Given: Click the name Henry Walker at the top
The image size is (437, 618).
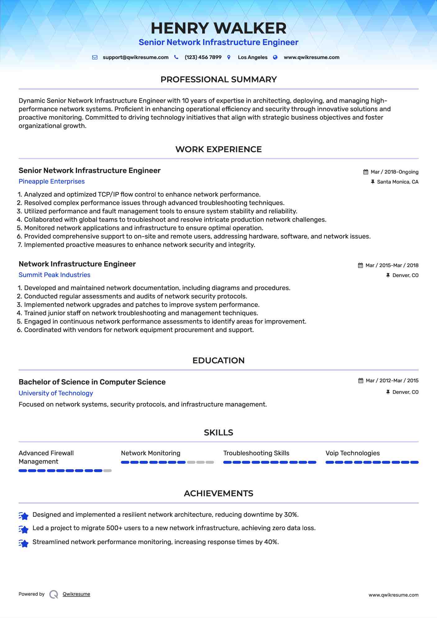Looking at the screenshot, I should pos(218,28).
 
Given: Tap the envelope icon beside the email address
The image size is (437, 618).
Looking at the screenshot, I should pos(95,57).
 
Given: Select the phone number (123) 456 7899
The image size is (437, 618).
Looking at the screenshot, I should pos(203,57).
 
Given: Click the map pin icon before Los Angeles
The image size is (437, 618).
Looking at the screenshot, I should pos(229,57).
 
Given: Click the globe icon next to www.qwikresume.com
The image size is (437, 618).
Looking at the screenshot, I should pos(275,57).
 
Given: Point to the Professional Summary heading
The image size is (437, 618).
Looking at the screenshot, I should pos(218,80).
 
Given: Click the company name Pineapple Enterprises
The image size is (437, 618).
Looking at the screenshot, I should pos(52,181).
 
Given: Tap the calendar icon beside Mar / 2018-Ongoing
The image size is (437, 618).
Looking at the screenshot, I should pos(366,172).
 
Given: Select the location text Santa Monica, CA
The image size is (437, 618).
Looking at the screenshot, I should pos(398,182).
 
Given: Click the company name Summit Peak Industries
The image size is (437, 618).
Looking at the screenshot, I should pos(54,275).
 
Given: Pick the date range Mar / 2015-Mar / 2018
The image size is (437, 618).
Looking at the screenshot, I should pos(392,266).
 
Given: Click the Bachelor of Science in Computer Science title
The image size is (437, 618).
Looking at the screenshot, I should pos(92,382).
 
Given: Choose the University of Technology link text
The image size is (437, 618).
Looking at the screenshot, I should pos(56,393).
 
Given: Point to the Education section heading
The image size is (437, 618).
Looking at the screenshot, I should pos(218,361).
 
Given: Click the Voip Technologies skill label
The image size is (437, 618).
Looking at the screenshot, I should pos(353,453).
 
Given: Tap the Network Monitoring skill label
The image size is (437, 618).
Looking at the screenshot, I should pos(151,453).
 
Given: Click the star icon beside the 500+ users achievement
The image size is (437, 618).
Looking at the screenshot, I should pos(24,529).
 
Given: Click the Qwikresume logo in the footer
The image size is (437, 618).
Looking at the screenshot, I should pos(54,594).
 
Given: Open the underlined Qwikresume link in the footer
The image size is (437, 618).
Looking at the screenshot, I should pos(76,594).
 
